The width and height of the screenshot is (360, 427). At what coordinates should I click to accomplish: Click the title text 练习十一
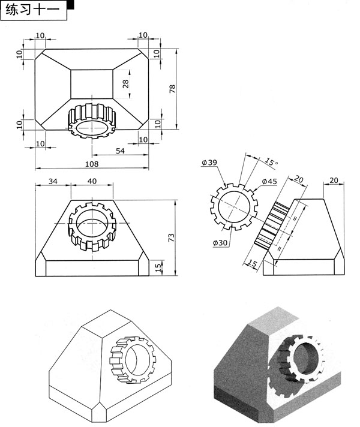[32, 10]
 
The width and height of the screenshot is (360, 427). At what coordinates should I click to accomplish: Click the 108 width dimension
[92, 164]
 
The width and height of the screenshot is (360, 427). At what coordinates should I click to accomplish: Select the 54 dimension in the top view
[120, 151]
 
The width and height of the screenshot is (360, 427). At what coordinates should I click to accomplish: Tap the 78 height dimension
[173, 89]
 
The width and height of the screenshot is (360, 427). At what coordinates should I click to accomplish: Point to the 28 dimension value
[125, 84]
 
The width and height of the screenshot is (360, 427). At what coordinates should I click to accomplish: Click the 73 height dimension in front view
[172, 237]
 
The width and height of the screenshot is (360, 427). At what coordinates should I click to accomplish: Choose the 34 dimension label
[53, 181]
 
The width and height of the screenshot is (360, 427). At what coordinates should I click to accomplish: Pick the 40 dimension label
[92, 181]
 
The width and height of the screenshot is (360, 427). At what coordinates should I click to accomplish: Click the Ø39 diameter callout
[209, 163]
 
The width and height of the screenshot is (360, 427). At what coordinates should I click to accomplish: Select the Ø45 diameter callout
[269, 181]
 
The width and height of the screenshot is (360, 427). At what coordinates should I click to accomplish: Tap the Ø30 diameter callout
[220, 243]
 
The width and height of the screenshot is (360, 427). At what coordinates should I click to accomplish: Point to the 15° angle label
[271, 162]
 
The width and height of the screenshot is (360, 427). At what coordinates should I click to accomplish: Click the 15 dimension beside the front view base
[158, 267]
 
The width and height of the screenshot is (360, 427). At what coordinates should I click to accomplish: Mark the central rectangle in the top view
[92, 84]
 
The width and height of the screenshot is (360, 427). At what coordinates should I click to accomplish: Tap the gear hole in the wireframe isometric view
[137, 359]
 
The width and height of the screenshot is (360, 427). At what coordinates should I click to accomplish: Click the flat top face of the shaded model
[274, 318]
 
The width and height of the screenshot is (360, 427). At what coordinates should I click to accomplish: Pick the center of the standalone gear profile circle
[234, 207]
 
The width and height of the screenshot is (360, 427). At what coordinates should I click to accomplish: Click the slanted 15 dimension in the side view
[253, 263]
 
